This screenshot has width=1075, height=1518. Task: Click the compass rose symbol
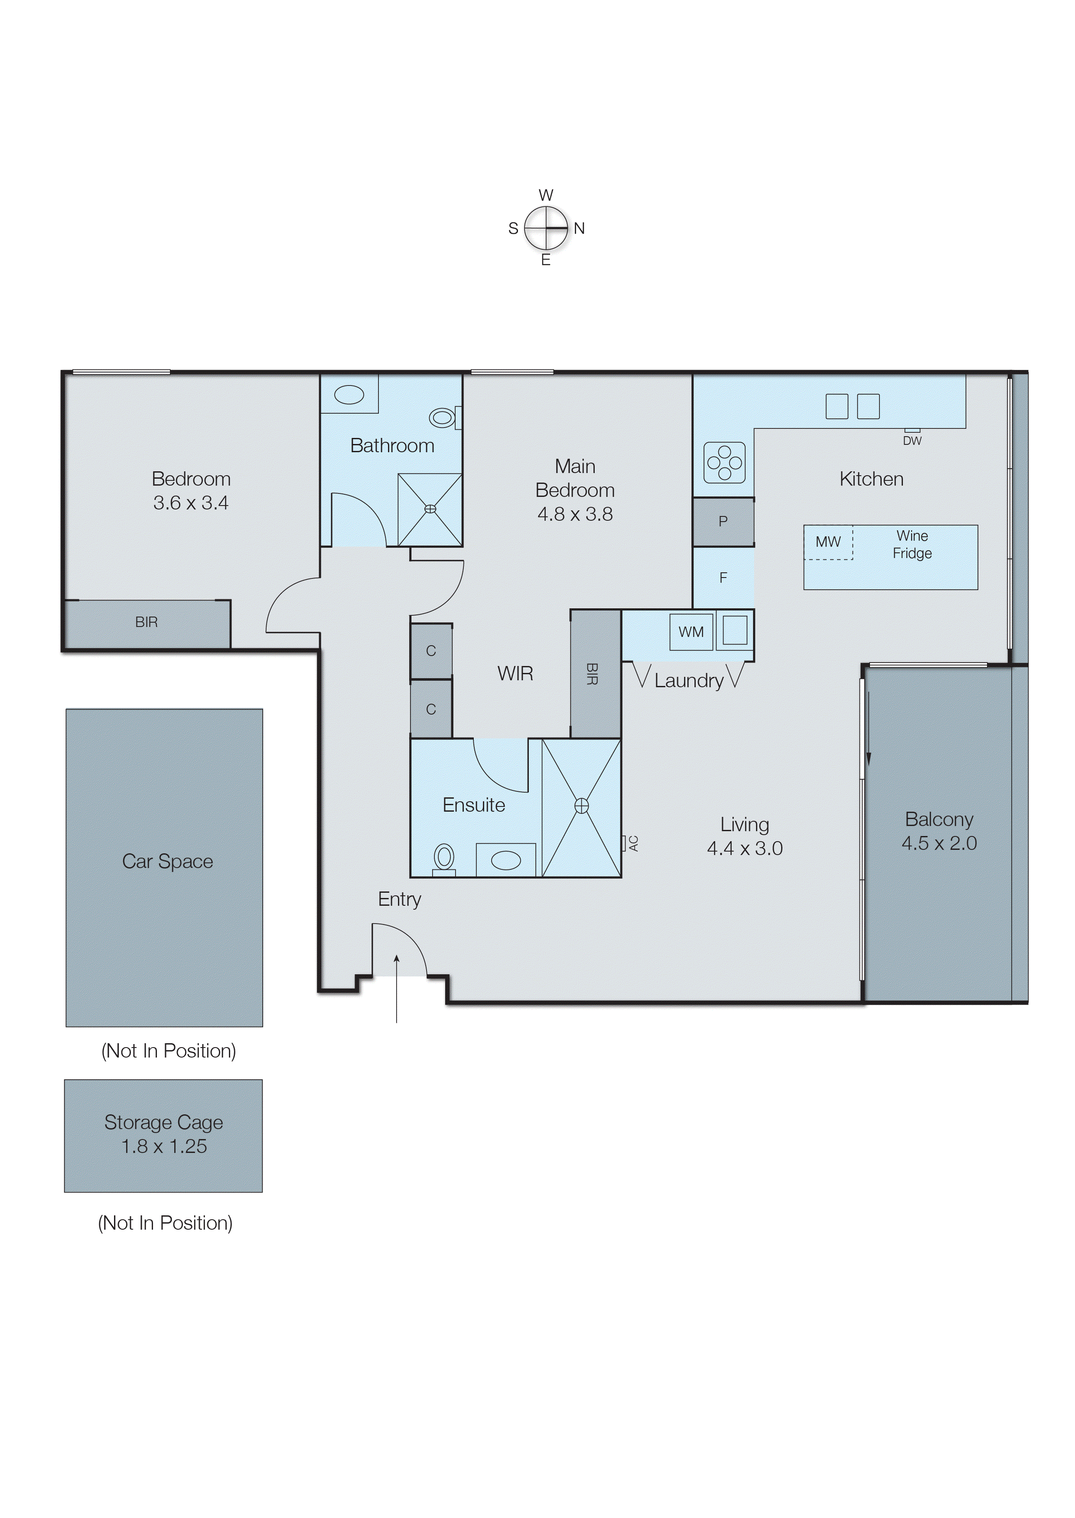coord(546,228)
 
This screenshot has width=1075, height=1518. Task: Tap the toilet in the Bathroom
coord(443,418)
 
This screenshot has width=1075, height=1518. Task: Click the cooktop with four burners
coord(724,462)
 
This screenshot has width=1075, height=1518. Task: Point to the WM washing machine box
coord(691,632)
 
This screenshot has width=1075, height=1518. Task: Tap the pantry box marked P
coord(723,522)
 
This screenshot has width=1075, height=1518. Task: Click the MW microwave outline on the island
coord(827,542)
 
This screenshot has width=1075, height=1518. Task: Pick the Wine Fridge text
coord(912,544)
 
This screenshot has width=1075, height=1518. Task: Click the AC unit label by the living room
coord(633,843)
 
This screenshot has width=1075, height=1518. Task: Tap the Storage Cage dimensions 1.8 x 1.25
coord(164,1146)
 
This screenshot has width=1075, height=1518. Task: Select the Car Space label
coord(167,861)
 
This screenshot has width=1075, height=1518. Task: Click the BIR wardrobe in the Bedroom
coord(146,622)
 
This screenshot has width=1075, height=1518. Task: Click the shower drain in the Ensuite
coord(581,806)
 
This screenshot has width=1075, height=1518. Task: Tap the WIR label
coord(515,674)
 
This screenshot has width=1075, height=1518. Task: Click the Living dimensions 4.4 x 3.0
coord(745,849)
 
